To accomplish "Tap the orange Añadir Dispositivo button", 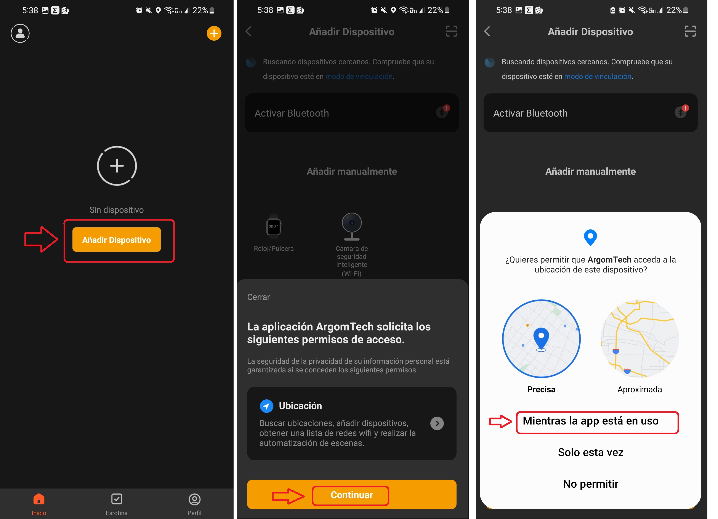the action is tap(117, 240).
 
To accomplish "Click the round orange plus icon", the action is tap(214, 33).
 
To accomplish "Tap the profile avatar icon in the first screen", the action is tap(20, 33).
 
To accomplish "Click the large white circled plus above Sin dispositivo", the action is tap(117, 165).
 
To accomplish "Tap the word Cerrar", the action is tap(258, 297).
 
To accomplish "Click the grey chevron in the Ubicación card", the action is tap(437, 423).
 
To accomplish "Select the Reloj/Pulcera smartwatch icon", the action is tap(274, 226).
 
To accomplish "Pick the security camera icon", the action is tap(352, 226).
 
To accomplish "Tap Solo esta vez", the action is tap(590, 452).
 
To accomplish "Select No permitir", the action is tap(590, 484).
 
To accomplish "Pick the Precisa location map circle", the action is tap(541, 339).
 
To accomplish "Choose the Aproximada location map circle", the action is tap(640, 339).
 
